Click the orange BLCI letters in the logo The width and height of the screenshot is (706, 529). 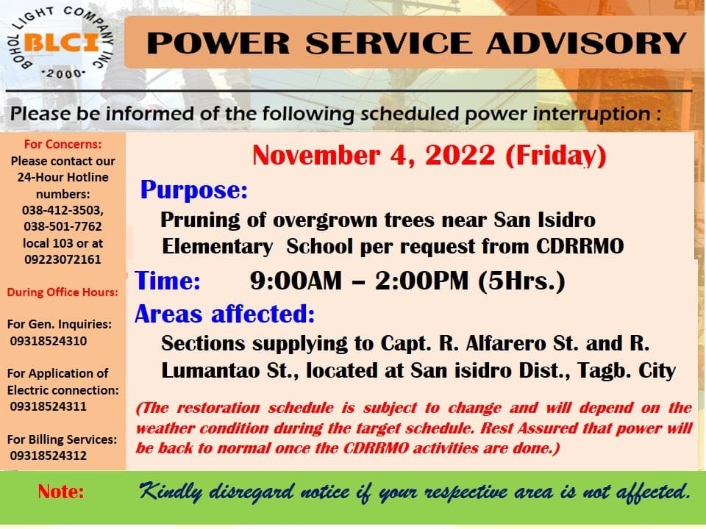click(x=62, y=43)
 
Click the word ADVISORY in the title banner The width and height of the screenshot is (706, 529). click(x=586, y=43)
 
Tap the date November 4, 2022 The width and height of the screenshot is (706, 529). click(x=374, y=156)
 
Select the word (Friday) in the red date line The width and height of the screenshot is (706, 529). click(x=556, y=156)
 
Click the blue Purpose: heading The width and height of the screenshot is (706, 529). click(x=194, y=190)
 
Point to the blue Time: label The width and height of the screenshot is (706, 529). click(x=168, y=281)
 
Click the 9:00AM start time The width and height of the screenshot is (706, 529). click(x=296, y=281)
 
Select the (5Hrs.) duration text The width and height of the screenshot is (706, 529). click(x=521, y=281)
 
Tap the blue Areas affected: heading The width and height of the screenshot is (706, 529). click(x=225, y=314)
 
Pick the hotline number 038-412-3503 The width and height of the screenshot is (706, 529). click(x=63, y=210)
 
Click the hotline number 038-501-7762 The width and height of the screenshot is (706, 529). click(x=63, y=226)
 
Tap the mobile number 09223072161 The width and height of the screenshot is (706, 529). click(x=63, y=259)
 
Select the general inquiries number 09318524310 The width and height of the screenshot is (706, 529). click(x=49, y=341)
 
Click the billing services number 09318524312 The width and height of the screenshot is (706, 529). click(x=49, y=456)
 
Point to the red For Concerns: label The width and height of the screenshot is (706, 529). click(x=63, y=145)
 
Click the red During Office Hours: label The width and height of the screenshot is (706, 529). click(x=63, y=292)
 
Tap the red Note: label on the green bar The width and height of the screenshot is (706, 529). click(x=61, y=492)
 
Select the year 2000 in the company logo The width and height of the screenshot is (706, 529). click(x=63, y=73)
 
